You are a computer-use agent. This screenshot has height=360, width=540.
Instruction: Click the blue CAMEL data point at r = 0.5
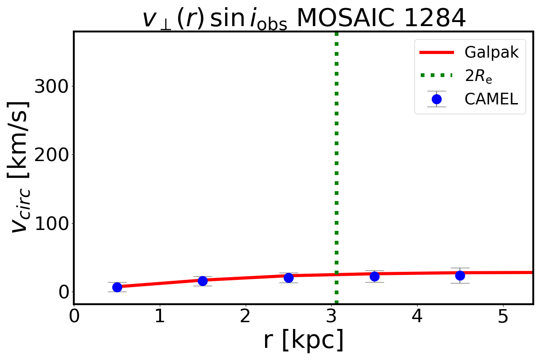117,287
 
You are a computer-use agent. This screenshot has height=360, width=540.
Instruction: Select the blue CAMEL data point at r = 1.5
203,281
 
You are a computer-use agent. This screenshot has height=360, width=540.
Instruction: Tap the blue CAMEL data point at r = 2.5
288,278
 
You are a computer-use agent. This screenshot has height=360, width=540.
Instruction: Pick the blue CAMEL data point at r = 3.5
374,276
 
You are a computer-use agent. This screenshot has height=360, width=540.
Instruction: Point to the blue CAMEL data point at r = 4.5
460,275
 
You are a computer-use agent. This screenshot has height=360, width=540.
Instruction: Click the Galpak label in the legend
491,53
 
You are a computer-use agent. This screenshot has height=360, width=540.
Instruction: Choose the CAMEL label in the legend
491,99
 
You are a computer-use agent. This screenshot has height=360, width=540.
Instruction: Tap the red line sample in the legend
436,53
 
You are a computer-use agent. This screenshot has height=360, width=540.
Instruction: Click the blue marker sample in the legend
436,99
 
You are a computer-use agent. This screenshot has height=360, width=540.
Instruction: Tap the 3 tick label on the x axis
332,316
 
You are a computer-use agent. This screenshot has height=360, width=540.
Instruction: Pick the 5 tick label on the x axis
503,316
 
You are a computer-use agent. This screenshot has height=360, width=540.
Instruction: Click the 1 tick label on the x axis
160,316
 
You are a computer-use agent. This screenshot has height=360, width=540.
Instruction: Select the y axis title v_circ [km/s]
20,166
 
